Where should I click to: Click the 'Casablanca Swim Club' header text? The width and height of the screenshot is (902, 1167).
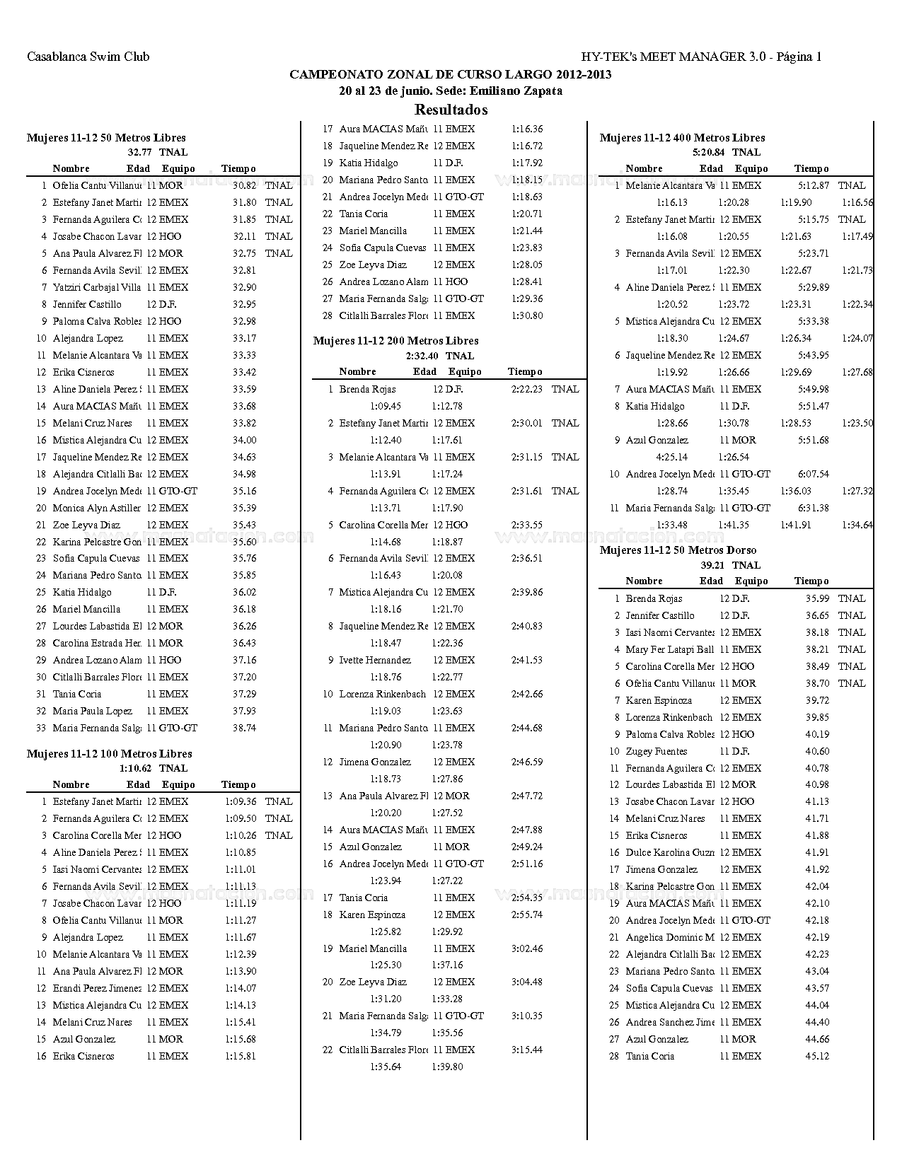tap(88, 57)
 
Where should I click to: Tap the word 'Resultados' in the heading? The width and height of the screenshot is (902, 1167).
tap(451, 110)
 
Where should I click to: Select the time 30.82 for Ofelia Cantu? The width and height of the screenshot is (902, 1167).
tap(244, 185)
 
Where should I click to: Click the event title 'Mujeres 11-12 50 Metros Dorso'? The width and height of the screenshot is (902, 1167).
tap(678, 550)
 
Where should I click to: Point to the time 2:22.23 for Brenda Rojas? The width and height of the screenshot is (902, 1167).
tap(527, 389)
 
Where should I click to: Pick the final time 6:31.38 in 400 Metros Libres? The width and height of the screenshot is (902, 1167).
tap(813, 508)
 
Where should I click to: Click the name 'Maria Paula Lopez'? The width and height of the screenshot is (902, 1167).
tap(92, 711)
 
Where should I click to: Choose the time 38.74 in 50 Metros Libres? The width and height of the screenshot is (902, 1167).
tap(244, 728)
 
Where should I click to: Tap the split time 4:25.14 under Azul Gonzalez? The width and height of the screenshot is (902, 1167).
tap(672, 457)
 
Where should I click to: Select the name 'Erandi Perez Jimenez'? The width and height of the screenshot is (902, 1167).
tap(97, 988)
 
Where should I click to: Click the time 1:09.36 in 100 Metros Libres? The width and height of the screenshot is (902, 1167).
tap(241, 801)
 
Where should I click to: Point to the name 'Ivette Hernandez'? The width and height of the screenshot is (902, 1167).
tap(375, 660)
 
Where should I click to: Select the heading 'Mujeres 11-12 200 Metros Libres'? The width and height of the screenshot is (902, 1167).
tap(395, 341)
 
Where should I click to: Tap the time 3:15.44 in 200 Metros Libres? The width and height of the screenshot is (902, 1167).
tap(527, 1050)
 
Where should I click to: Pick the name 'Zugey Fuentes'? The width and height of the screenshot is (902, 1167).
tap(657, 751)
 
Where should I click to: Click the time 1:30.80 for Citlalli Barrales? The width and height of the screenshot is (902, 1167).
tap(527, 315)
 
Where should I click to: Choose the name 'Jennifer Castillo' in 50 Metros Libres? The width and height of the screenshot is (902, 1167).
tap(87, 304)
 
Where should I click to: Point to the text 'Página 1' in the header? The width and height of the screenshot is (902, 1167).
tap(799, 57)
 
